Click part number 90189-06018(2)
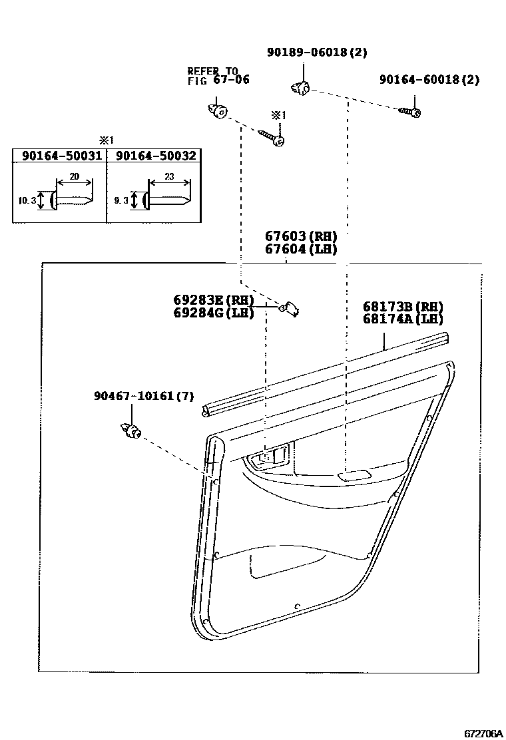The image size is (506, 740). pos(317,53)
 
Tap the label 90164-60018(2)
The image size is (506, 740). pos(429,79)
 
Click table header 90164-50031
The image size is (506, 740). pos(61,156)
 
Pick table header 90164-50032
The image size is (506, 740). pos(156,156)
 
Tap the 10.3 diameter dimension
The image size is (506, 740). pos(25,199)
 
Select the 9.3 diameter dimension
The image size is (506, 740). pos(121,199)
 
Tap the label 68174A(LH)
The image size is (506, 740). pos(403,319)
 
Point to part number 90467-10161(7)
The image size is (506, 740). pos(144,396)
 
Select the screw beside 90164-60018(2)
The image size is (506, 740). pos(409,111)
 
